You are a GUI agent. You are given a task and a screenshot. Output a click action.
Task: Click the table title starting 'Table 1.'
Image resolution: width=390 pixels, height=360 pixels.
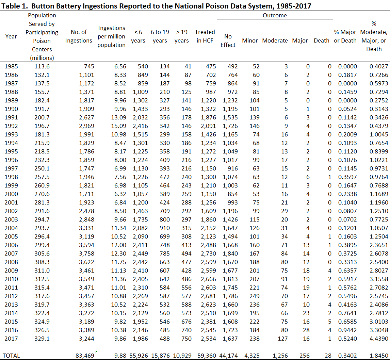pos(157,6)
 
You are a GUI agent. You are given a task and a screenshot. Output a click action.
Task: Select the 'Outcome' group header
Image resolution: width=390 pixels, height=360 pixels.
pos(275,15)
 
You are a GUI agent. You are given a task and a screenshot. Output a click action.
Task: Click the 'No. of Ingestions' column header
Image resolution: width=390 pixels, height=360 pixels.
pos(79,36)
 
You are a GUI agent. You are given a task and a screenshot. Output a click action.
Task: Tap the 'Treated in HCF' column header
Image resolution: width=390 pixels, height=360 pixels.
pos(205,36)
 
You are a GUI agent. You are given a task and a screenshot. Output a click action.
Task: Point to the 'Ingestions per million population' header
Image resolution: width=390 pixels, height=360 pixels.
pos(111,36)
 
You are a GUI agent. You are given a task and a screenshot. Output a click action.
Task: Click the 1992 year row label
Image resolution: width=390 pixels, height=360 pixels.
pos(11,126)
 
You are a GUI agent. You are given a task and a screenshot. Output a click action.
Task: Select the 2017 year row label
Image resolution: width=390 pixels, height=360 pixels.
pos(11,339)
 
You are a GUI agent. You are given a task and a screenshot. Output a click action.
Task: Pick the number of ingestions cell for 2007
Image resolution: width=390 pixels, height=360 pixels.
pos(85,253)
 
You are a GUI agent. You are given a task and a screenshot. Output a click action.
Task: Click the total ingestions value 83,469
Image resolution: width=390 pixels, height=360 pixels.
pos(85,356)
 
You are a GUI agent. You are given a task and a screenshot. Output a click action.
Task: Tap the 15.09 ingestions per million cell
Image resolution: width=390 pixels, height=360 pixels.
pos(118,126)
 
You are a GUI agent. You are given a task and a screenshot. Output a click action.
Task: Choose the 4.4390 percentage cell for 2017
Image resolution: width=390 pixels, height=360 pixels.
pos(379,339)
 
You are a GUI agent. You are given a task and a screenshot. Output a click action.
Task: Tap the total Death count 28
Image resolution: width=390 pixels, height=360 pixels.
pos(328,356)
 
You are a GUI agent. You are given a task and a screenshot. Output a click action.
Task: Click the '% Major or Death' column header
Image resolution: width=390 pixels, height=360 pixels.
pos(345,36)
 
